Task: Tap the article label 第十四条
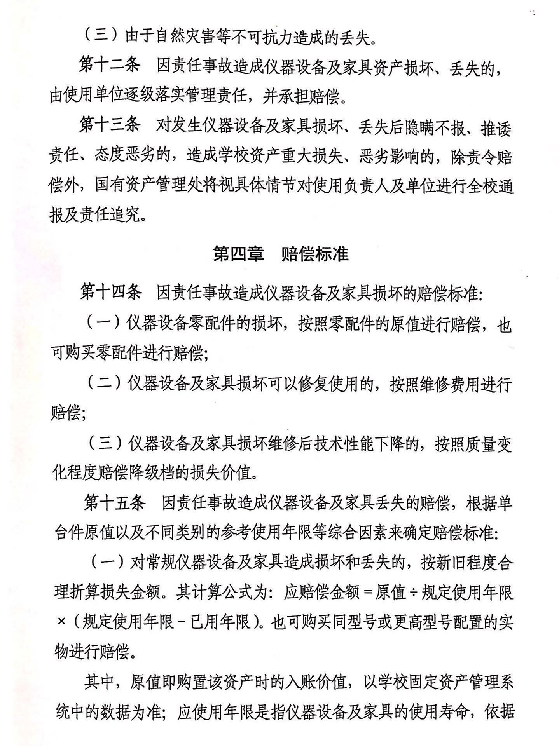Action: click(111, 292)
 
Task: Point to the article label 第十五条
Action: click(115, 503)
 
